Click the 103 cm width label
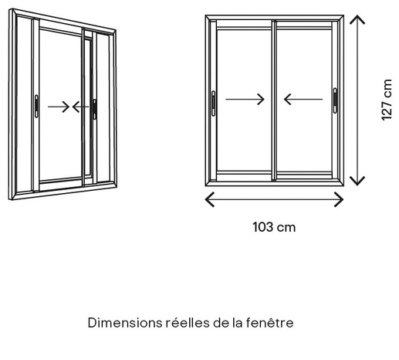(x=274, y=227)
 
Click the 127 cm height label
(x=387, y=100)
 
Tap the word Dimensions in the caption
(x=125, y=323)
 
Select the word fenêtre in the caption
(x=269, y=323)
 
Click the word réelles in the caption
(x=188, y=323)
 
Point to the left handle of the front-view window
(x=213, y=104)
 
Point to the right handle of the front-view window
(x=335, y=100)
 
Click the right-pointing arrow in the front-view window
(x=245, y=99)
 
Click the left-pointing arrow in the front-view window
(x=303, y=99)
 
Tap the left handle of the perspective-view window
(x=36, y=106)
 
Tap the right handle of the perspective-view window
(x=95, y=109)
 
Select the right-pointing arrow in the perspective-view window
(x=59, y=107)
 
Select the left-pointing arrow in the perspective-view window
(x=80, y=107)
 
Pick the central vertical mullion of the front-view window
(x=274, y=100)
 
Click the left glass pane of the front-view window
(x=245, y=100)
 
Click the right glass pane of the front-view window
(x=304, y=100)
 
